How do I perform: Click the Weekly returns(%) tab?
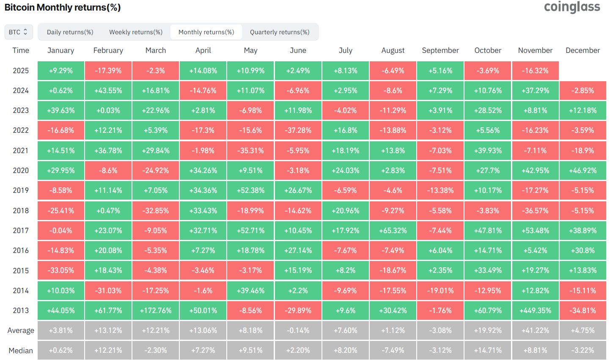136,32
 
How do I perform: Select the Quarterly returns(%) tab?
280,32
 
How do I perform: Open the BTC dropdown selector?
18,32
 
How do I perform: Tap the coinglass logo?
572,7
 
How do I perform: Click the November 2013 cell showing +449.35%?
535,311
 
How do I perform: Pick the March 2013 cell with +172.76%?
156,311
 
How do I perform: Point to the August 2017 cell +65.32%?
393,231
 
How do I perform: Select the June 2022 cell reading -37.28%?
298,130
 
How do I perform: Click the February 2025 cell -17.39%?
108,71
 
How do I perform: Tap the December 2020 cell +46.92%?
583,170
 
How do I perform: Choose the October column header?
488,50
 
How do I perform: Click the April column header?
203,50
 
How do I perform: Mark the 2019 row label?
21,190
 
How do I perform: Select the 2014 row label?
21,291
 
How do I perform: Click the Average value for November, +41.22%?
535,330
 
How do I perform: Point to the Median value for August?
393,350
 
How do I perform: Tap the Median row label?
21,350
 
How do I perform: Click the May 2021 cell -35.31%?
250,151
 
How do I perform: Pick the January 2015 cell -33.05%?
61,270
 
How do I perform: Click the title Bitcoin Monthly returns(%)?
63,8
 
